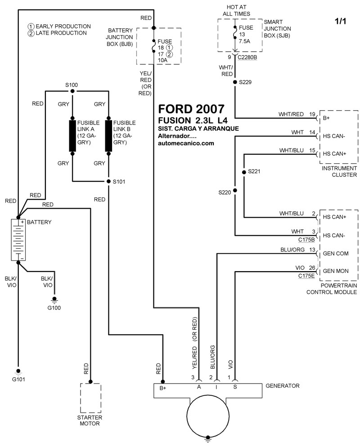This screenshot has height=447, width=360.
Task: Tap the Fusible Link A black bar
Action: click(x=72, y=135)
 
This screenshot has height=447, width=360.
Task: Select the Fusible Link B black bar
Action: click(x=108, y=135)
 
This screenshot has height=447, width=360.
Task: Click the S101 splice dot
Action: click(x=108, y=182)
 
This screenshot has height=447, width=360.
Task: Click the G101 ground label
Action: click(x=18, y=379)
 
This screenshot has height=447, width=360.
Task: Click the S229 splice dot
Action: click(x=234, y=82)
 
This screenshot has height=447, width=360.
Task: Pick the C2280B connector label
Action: click(x=247, y=57)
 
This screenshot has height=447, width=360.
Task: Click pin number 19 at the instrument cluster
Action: click(x=312, y=115)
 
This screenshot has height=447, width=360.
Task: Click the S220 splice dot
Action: click(x=234, y=191)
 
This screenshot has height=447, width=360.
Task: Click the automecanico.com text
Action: click(x=186, y=143)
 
